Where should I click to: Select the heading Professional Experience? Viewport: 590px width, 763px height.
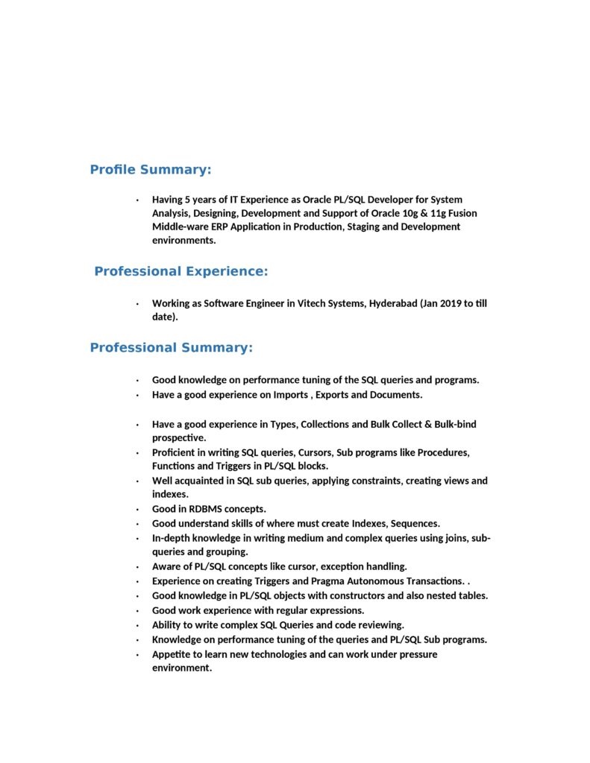[181, 272]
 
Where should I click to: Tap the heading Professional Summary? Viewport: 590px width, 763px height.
[172, 348]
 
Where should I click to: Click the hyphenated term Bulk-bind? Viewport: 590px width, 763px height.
[451, 425]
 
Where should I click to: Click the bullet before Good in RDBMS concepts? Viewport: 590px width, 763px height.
[137, 510]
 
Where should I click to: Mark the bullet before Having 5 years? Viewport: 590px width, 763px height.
[137, 200]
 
